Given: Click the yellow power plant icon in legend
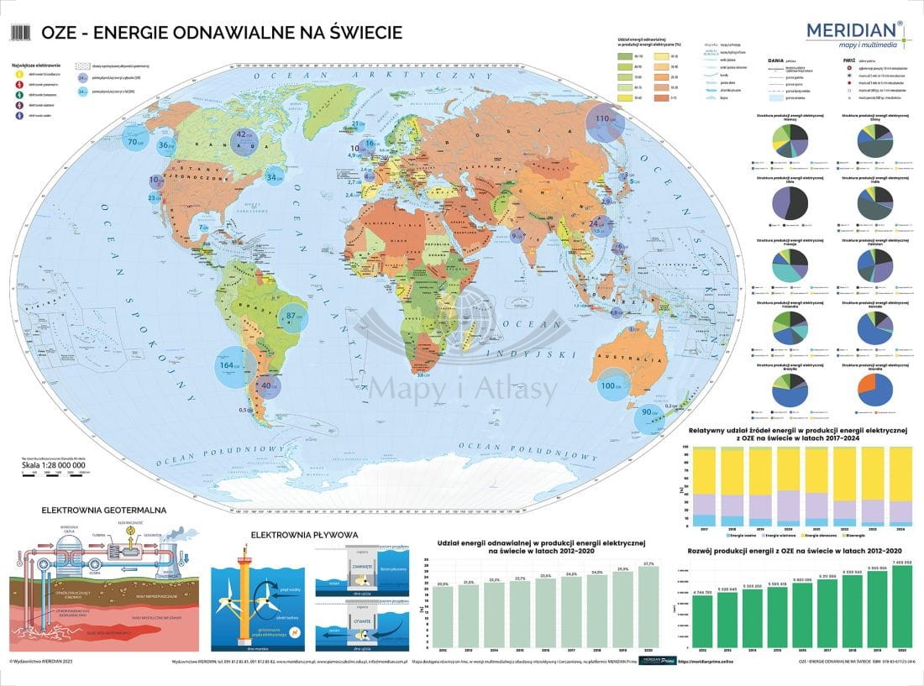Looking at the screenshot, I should pyautogui.click(x=18, y=73).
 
